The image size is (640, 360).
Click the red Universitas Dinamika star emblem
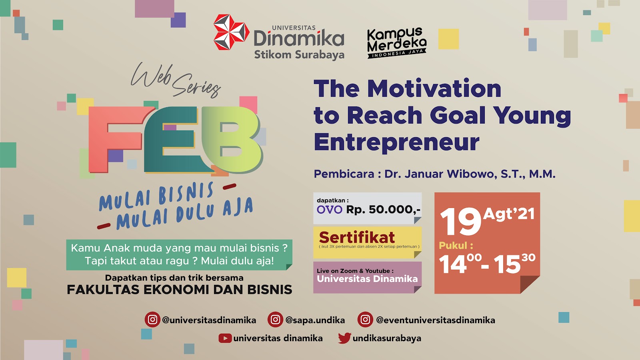(x=231, y=32)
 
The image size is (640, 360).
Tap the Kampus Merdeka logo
(x=396, y=42)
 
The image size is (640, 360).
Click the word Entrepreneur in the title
(x=396, y=143)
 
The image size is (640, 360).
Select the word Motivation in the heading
(x=434, y=89)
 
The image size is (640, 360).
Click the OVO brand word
(x=330, y=210)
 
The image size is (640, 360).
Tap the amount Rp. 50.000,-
(x=383, y=210)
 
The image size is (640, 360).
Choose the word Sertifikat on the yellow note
(x=357, y=238)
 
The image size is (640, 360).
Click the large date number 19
(x=460, y=222)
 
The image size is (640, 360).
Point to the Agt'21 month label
(x=508, y=214)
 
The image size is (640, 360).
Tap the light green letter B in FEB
(x=232, y=140)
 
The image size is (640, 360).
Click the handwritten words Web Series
(x=176, y=80)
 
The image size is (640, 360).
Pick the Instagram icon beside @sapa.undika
(x=275, y=320)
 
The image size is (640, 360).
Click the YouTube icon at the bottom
(x=225, y=338)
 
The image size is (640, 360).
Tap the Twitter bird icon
(x=344, y=338)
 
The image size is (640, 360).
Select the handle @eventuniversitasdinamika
(x=436, y=320)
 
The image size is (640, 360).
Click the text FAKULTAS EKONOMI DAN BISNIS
(x=180, y=290)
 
